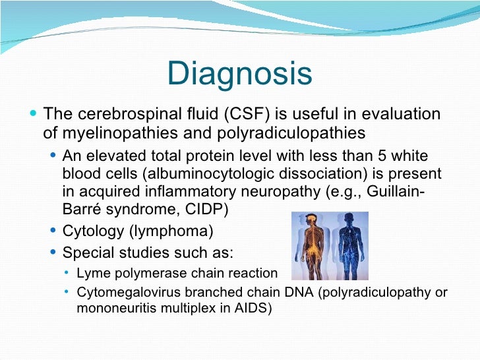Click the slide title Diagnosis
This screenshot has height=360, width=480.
(x=240, y=74)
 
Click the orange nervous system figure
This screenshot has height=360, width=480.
(x=311, y=245)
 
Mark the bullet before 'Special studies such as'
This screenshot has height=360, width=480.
(x=53, y=253)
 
